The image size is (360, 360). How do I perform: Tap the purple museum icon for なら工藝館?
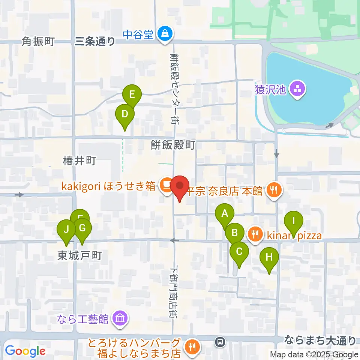(120, 319)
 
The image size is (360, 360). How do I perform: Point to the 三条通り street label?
(95, 41)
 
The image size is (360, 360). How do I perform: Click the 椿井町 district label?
(79, 162)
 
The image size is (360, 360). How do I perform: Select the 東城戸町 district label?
(79, 256)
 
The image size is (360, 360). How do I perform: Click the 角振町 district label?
(38, 41)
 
